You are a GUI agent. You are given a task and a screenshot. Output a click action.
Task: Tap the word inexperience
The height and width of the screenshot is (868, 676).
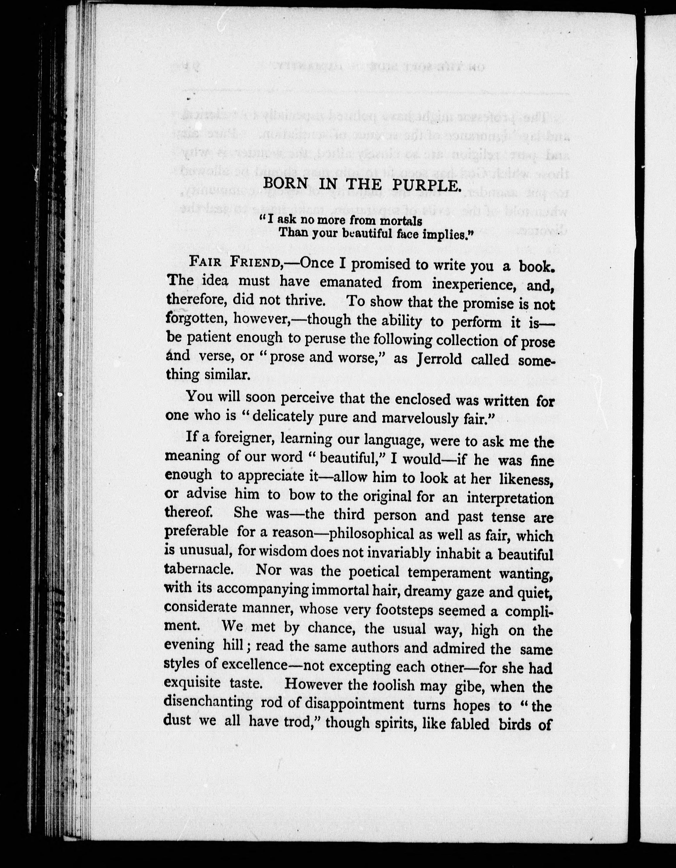(469, 284)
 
